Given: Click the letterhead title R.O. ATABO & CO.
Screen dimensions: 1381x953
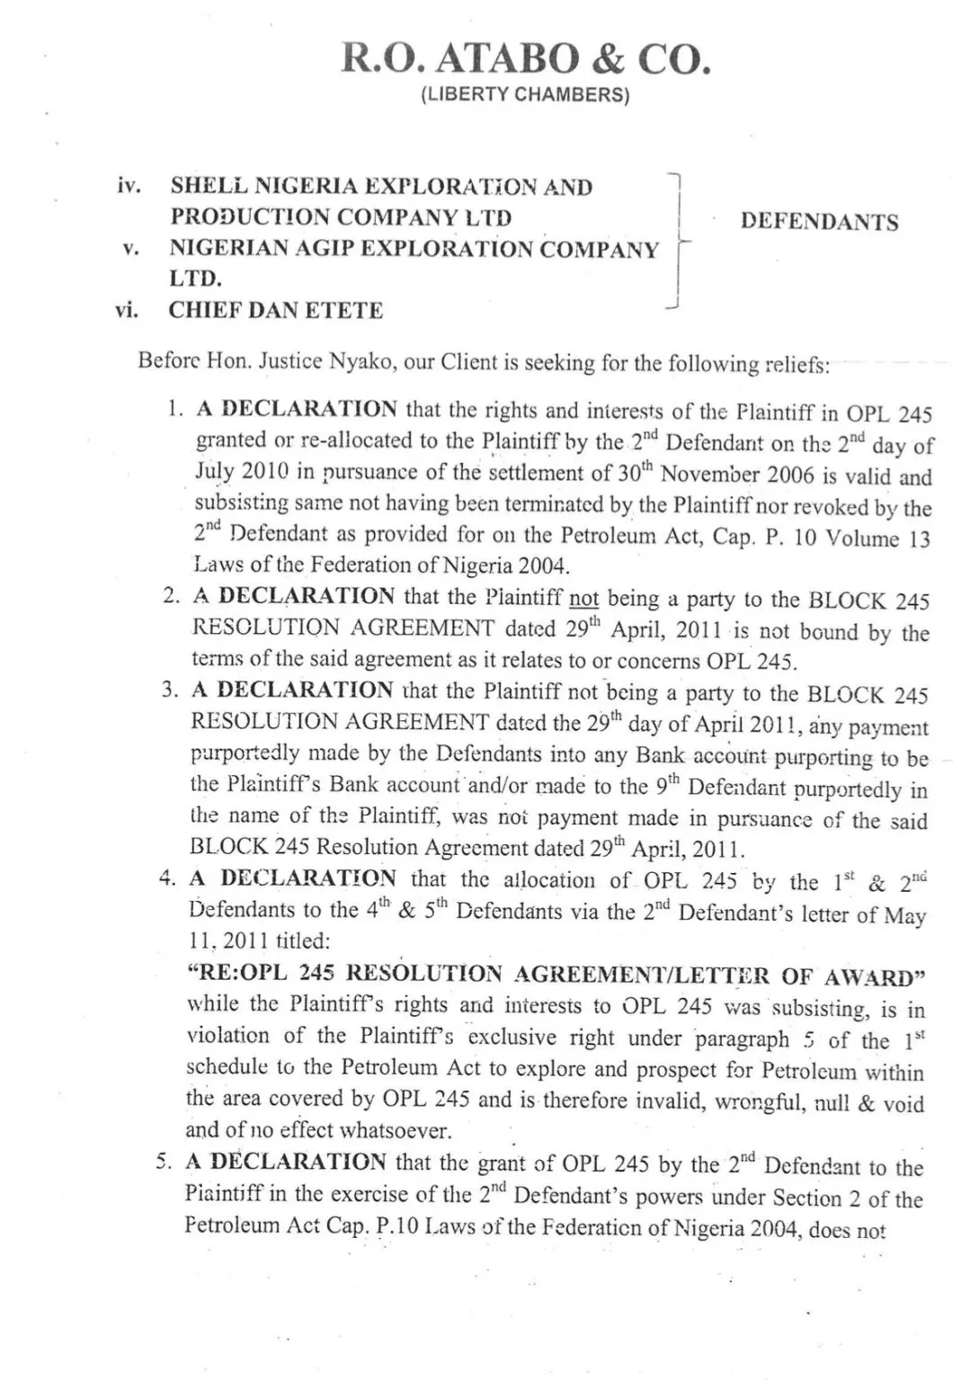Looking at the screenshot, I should (526, 58).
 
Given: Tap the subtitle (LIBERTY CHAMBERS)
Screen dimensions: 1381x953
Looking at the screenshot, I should (526, 94).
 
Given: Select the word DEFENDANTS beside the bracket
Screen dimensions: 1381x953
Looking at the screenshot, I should (819, 222).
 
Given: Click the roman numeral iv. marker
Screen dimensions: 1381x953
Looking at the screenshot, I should (129, 186).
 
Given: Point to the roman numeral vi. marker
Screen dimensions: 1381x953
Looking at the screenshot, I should (127, 310).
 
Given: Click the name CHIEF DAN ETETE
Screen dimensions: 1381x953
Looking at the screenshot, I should (276, 310).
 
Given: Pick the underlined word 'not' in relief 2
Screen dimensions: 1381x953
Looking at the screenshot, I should (584, 599).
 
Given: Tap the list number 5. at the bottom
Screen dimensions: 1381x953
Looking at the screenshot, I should (165, 1161).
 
